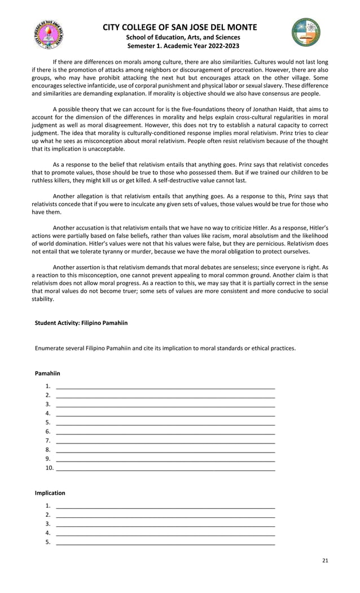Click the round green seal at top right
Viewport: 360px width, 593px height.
(306, 32)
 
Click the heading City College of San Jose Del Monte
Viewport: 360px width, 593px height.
(179, 27)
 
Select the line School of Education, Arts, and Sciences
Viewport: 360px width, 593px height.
(179, 37)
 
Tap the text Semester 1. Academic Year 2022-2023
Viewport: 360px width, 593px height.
(179, 46)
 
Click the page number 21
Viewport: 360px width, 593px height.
(324, 560)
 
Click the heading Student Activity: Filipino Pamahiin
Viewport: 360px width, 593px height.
(81, 323)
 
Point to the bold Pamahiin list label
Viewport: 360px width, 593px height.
(47, 374)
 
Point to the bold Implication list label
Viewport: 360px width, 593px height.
(50, 493)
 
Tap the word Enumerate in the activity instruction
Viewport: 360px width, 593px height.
(50, 348)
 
